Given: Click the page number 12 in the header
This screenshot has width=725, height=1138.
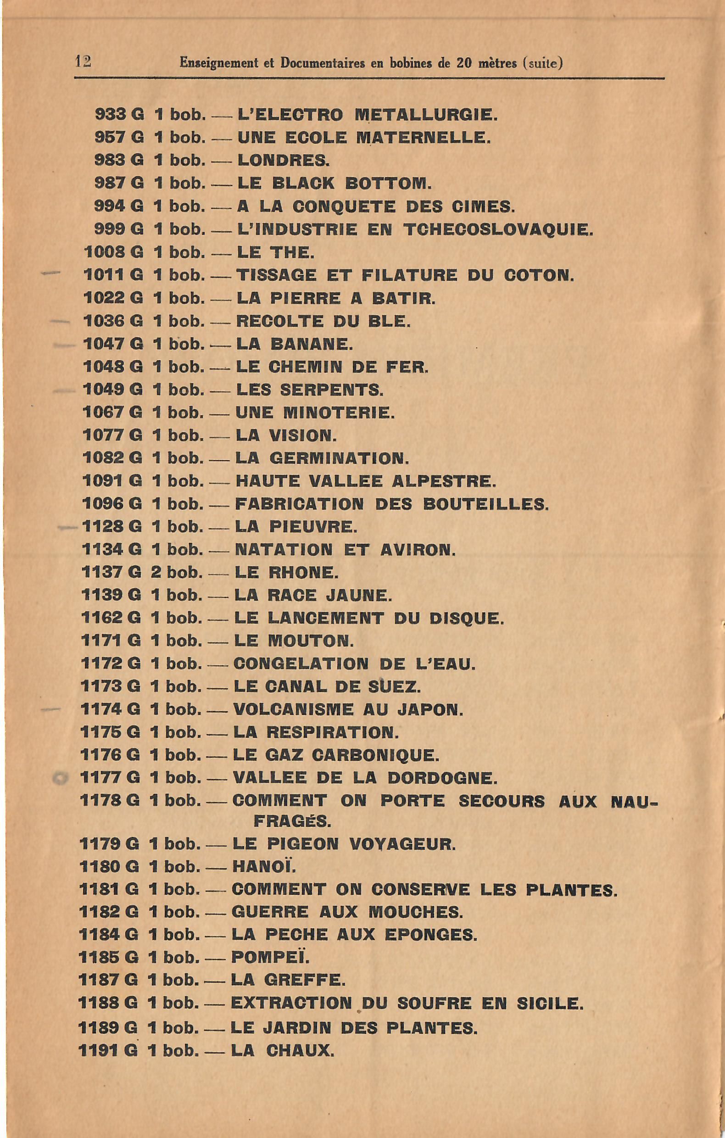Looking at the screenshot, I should pos(83,61).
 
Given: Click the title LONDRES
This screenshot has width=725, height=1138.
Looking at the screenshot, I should pos(283,160).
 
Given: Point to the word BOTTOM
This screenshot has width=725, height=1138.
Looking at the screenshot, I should pos(388,184).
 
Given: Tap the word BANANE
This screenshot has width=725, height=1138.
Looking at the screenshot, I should pos(312,344).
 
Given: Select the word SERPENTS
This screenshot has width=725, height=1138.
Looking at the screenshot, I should pos(331,390).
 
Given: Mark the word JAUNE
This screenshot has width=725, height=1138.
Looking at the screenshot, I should pos(360,595).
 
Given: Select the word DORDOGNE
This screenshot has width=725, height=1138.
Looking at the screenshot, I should pos(442,778).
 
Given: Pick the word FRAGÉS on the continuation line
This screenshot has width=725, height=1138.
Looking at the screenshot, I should pos(292,821).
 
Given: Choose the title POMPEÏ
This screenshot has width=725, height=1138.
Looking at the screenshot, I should pos(270,958).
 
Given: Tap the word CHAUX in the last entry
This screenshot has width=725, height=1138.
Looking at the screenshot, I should pos(300,1050).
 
